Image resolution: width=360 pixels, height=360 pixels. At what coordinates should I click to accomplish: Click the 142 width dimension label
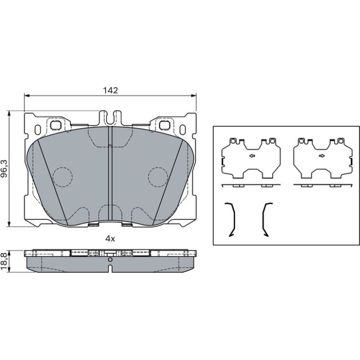click(x=110, y=90)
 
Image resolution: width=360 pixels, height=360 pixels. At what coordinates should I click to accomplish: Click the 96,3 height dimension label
click(x=5, y=169)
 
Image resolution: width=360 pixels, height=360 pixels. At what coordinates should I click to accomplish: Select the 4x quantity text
click(x=110, y=239)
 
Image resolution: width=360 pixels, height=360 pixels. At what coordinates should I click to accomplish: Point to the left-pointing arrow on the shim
click(x=252, y=156)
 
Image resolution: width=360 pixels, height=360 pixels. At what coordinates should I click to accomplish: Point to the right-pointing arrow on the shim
click(x=322, y=156)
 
